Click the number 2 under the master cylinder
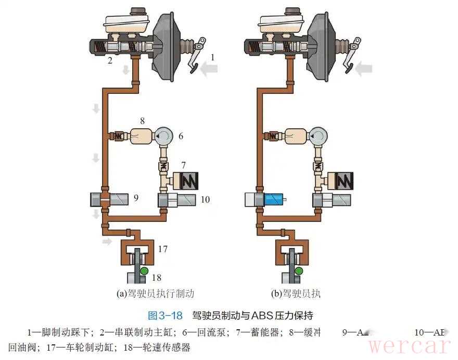(x=110, y=60)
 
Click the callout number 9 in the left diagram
(x=135, y=198)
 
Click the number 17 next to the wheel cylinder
(x=163, y=249)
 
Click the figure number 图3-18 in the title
(x=165, y=315)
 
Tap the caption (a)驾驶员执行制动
(x=156, y=293)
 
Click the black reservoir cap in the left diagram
(x=137, y=11)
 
